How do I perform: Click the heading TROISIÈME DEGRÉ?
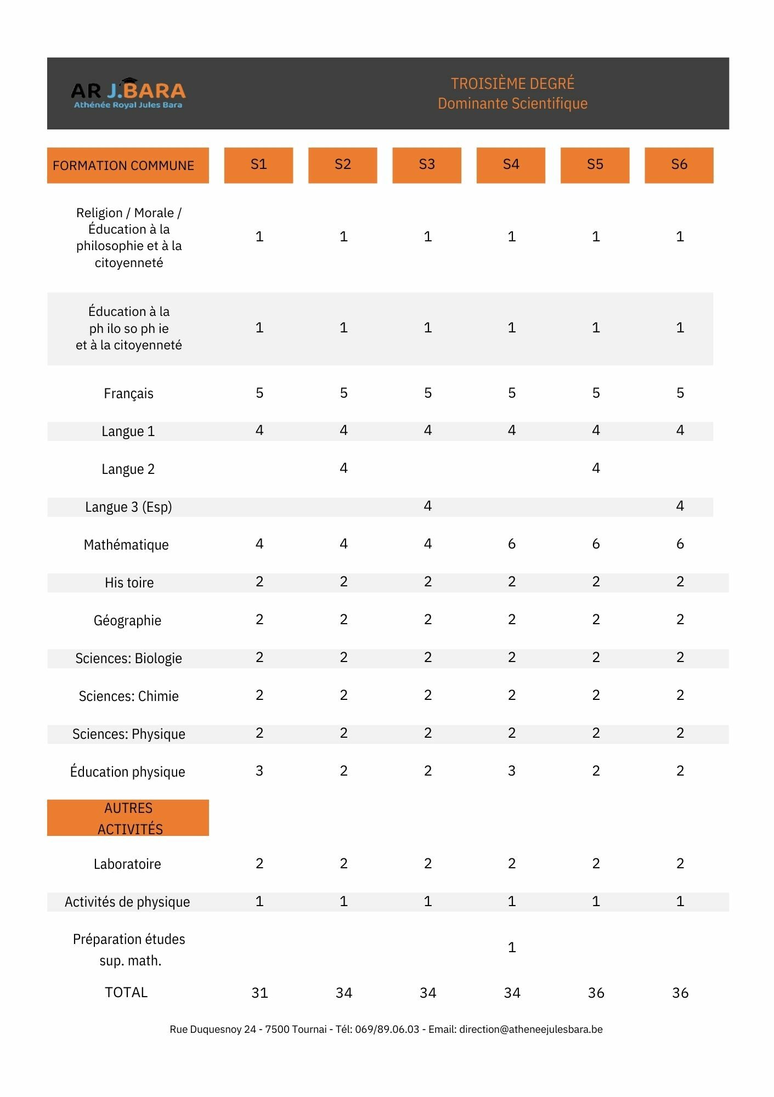click(512, 83)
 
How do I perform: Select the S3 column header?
click(427, 165)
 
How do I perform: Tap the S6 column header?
click(679, 165)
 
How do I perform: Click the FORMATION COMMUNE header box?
click(128, 165)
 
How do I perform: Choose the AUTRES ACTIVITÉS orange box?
click(128, 818)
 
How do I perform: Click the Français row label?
click(128, 393)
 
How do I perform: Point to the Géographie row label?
click(127, 620)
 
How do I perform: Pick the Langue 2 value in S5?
click(596, 468)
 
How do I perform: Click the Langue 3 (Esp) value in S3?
click(427, 506)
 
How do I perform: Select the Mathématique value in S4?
click(512, 544)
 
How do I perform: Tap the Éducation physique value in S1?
click(259, 771)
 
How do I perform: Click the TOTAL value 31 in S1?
click(259, 993)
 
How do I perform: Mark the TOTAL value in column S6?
click(680, 993)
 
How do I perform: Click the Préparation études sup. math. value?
click(512, 947)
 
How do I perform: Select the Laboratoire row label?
click(127, 864)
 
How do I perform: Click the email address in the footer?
click(530, 1030)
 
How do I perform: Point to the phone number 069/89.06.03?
click(387, 1030)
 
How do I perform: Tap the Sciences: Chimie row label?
click(128, 696)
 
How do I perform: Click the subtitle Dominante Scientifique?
click(512, 104)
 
